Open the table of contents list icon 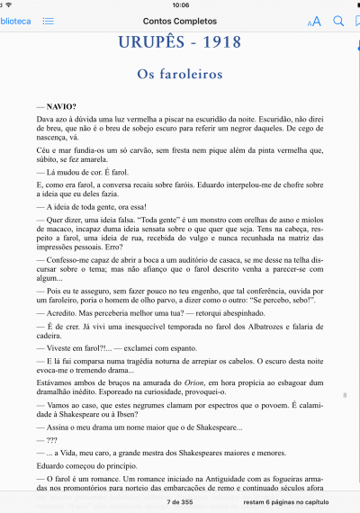coord(48,20)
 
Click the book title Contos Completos coord(179,20)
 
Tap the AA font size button coord(313,21)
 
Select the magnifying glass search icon coord(338,20)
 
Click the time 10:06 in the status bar coord(179,4)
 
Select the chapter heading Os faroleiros coord(179,75)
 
